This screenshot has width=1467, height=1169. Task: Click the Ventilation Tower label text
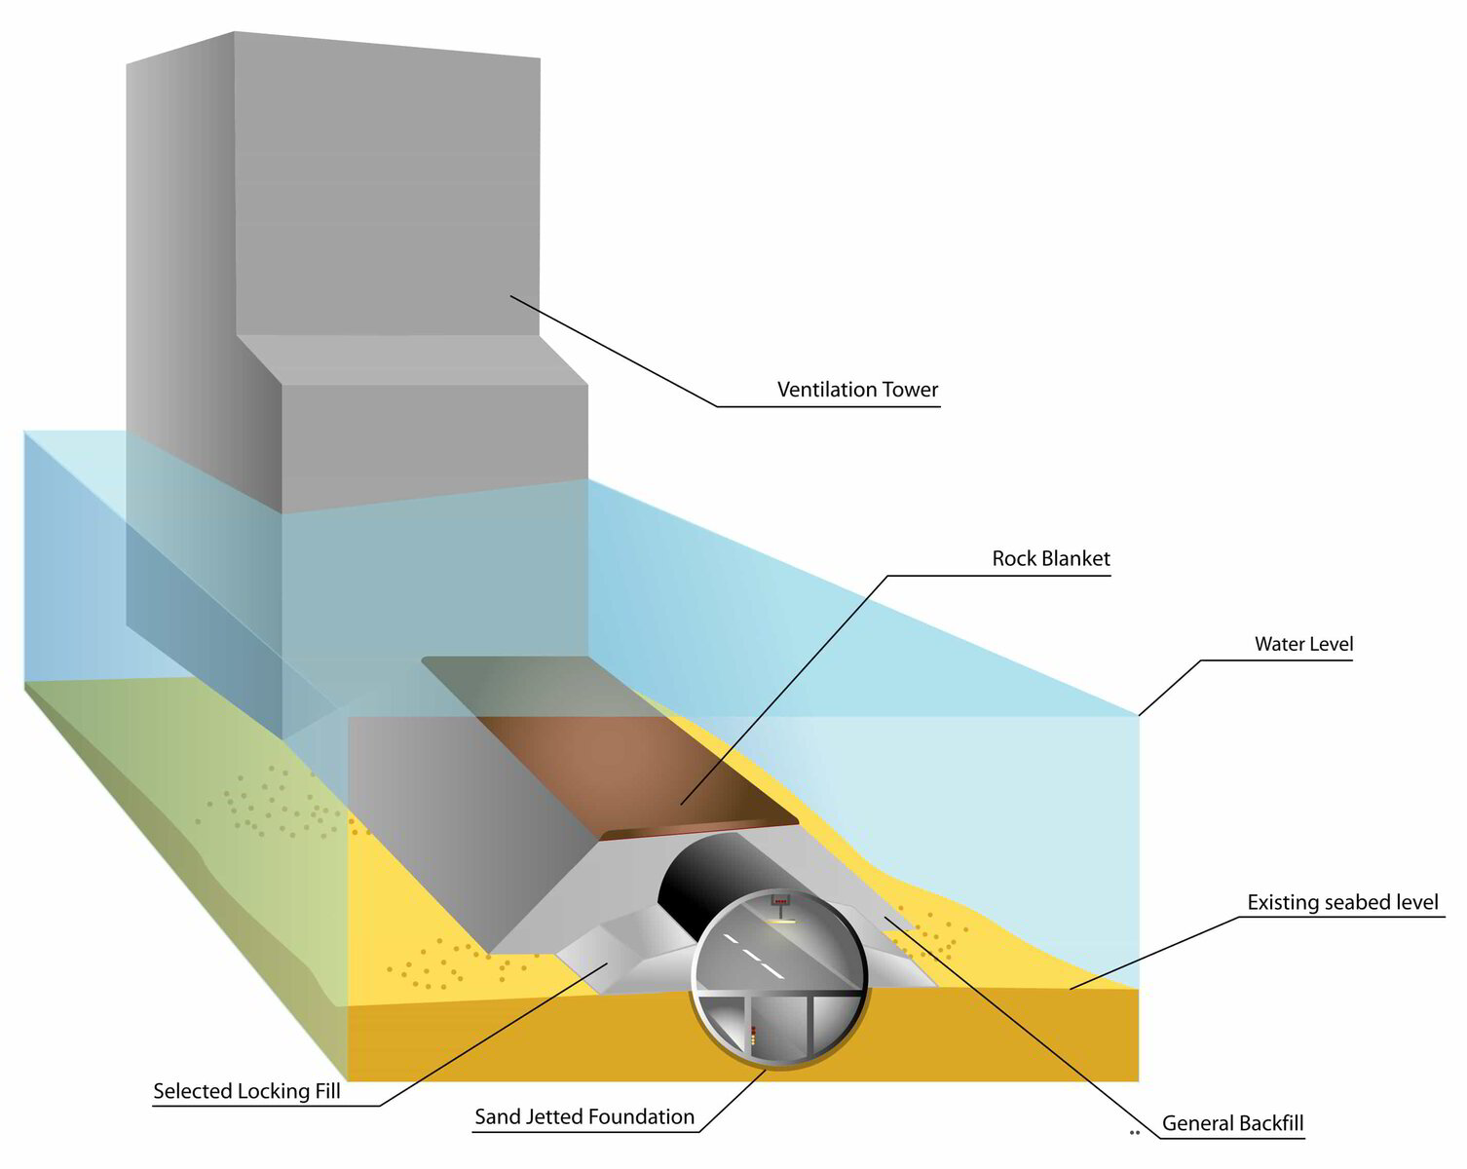[x=857, y=390]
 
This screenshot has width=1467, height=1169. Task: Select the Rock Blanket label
[x=1050, y=559]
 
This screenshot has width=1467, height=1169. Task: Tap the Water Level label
[x=1303, y=644]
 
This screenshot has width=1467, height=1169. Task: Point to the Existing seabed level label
[x=1342, y=903]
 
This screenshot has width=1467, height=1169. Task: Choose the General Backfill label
[x=1232, y=1123]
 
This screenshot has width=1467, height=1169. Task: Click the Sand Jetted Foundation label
[x=584, y=1116]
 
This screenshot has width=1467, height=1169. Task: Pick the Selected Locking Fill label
[x=246, y=1091]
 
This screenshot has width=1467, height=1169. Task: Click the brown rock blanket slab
[x=623, y=770]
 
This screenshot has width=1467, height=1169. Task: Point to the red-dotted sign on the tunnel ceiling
[x=779, y=901]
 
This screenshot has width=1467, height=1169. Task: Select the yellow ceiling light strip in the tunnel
[x=779, y=920]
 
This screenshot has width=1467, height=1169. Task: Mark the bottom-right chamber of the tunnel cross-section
[x=836, y=1023]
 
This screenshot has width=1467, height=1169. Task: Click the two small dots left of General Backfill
[x=1134, y=1133]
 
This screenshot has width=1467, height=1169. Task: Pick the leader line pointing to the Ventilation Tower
[x=614, y=351]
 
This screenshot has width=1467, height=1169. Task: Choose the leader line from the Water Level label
[x=1169, y=688]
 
